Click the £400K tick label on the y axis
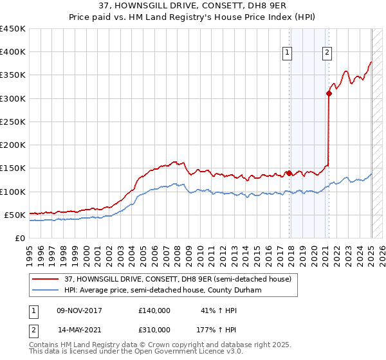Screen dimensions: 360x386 tap(13, 52)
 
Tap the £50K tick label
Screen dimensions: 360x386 tap(15, 215)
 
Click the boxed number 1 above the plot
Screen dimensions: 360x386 tap(287, 53)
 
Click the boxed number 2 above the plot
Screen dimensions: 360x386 tap(327, 53)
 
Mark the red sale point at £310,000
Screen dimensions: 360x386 tap(329, 94)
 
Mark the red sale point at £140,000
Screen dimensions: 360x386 tap(289, 173)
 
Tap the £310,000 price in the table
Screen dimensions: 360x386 tap(154, 329)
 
